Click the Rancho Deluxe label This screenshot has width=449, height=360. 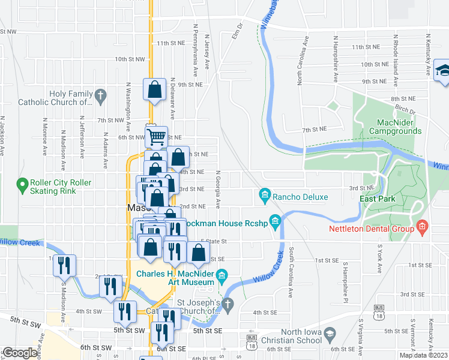click(300, 196)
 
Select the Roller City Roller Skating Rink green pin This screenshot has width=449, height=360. click(23, 184)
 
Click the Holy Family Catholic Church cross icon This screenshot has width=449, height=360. click(101, 94)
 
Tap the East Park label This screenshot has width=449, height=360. click(376, 199)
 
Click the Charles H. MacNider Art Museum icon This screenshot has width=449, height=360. click(222, 277)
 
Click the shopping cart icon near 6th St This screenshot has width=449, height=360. click(156, 137)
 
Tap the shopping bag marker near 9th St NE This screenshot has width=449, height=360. click(154, 90)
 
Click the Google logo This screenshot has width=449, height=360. click(20, 353)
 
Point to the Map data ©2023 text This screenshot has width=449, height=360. click(424, 355)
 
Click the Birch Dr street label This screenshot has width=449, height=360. click(405, 111)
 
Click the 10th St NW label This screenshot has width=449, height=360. click(130, 59)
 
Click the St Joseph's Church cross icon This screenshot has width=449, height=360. click(227, 305)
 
